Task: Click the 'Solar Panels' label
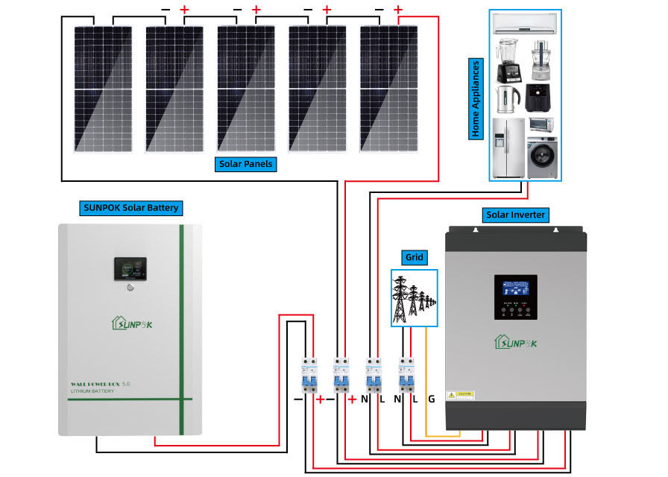pos(246,164)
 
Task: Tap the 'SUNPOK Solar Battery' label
pos(131,207)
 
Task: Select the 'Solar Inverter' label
pos(516,215)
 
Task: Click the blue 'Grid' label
pos(414,258)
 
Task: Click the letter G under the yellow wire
pos(431,399)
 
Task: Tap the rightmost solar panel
pos(389,89)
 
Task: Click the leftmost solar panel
pos(104,89)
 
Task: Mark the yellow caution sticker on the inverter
pos(461,395)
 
